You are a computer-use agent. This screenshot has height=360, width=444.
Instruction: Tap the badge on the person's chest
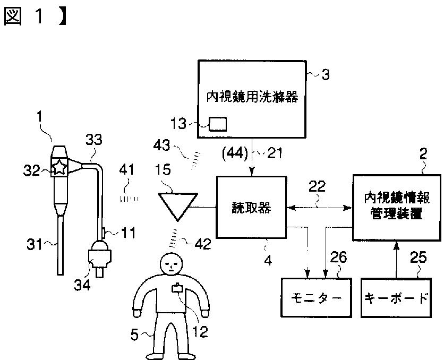tap(177, 290)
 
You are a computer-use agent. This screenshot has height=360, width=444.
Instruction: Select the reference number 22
tap(319, 187)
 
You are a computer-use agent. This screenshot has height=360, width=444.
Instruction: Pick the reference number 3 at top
tap(326, 75)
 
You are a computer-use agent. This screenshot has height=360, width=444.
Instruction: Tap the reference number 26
tap(338, 259)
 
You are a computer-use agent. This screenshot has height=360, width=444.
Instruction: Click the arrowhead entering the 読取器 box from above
tap(251, 171)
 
